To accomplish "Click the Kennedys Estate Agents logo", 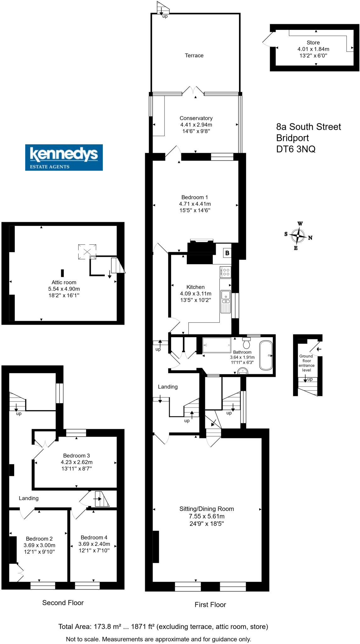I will [64, 157].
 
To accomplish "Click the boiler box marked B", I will [227, 253].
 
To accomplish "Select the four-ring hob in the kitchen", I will [225, 272].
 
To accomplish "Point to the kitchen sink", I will [225, 295].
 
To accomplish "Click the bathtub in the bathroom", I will [266, 355].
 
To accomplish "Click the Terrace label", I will [194, 56].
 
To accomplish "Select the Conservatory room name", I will [196, 118].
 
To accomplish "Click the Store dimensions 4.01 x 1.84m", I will [313, 49].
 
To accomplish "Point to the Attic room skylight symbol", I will [87, 252].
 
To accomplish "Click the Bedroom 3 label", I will [76, 456].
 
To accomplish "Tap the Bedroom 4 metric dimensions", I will [94, 544].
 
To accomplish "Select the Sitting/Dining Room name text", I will [207, 509].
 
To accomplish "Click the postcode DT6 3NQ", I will [296, 149].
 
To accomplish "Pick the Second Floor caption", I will [63, 603].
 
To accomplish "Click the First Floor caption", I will [210, 605].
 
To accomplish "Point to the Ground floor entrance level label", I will [307, 363].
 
